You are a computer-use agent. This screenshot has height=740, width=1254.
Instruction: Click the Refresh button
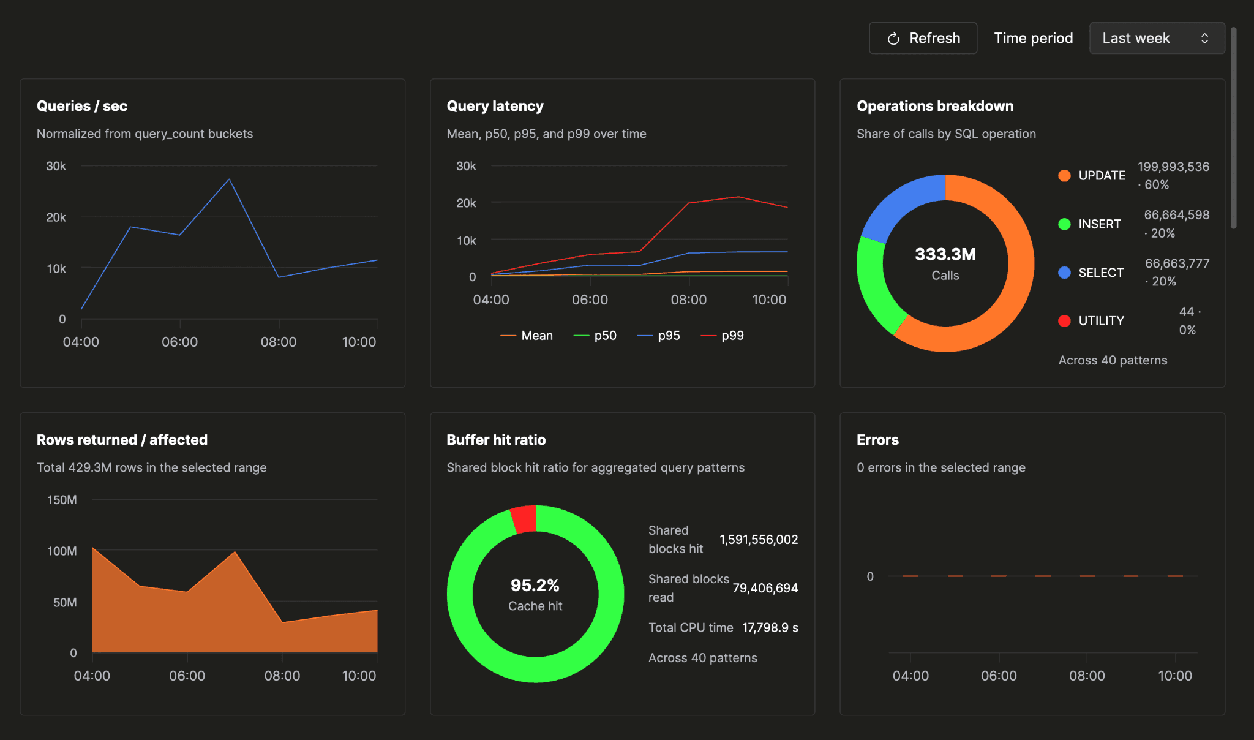[923, 38]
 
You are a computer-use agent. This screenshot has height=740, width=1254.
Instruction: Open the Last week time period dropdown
[1157, 38]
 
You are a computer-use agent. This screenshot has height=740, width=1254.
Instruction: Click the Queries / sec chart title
[82, 106]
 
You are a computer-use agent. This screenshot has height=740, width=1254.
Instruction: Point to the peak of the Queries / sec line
[229, 179]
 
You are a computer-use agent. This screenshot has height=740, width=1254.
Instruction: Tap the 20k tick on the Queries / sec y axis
[56, 217]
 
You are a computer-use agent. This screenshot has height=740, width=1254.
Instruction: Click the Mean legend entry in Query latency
[527, 336]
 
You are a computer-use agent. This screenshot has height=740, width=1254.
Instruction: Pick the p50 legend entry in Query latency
[595, 336]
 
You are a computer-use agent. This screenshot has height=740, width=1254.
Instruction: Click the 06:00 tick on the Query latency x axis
[590, 300]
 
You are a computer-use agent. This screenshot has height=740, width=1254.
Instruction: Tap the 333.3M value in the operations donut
[945, 254]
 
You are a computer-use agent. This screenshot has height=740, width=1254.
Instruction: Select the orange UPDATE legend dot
[1064, 176]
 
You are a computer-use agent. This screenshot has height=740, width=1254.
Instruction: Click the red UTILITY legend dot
[1064, 321]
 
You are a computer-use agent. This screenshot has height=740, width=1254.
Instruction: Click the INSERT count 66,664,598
[1177, 215]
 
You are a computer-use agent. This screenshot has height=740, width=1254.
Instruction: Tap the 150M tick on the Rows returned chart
[62, 500]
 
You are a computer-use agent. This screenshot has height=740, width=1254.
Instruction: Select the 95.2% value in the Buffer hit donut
[535, 585]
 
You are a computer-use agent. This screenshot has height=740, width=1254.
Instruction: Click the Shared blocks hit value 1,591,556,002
[759, 540]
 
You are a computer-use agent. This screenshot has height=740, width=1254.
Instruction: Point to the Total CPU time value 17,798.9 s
[770, 628]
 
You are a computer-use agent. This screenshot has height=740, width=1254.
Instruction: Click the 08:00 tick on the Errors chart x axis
[1087, 676]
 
